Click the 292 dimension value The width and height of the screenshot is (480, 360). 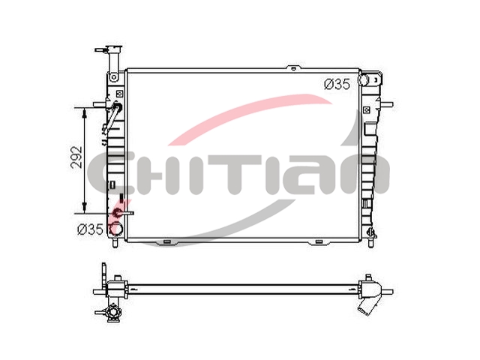pyautogui.click(x=76, y=157)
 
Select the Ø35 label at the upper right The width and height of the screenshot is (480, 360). pyautogui.click(x=337, y=84)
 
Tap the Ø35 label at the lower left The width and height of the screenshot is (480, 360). pyautogui.click(x=90, y=229)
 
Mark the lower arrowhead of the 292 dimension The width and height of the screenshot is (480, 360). pyautogui.click(x=85, y=208)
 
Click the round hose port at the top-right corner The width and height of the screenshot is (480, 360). pyautogui.click(x=364, y=79)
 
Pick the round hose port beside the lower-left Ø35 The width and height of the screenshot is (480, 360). pyautogui.click(x=116, y=228)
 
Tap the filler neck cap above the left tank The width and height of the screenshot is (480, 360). pyautogui.click(x=114, y=49)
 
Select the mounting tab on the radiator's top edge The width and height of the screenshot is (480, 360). pyautogui.click(x=293, y=68)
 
